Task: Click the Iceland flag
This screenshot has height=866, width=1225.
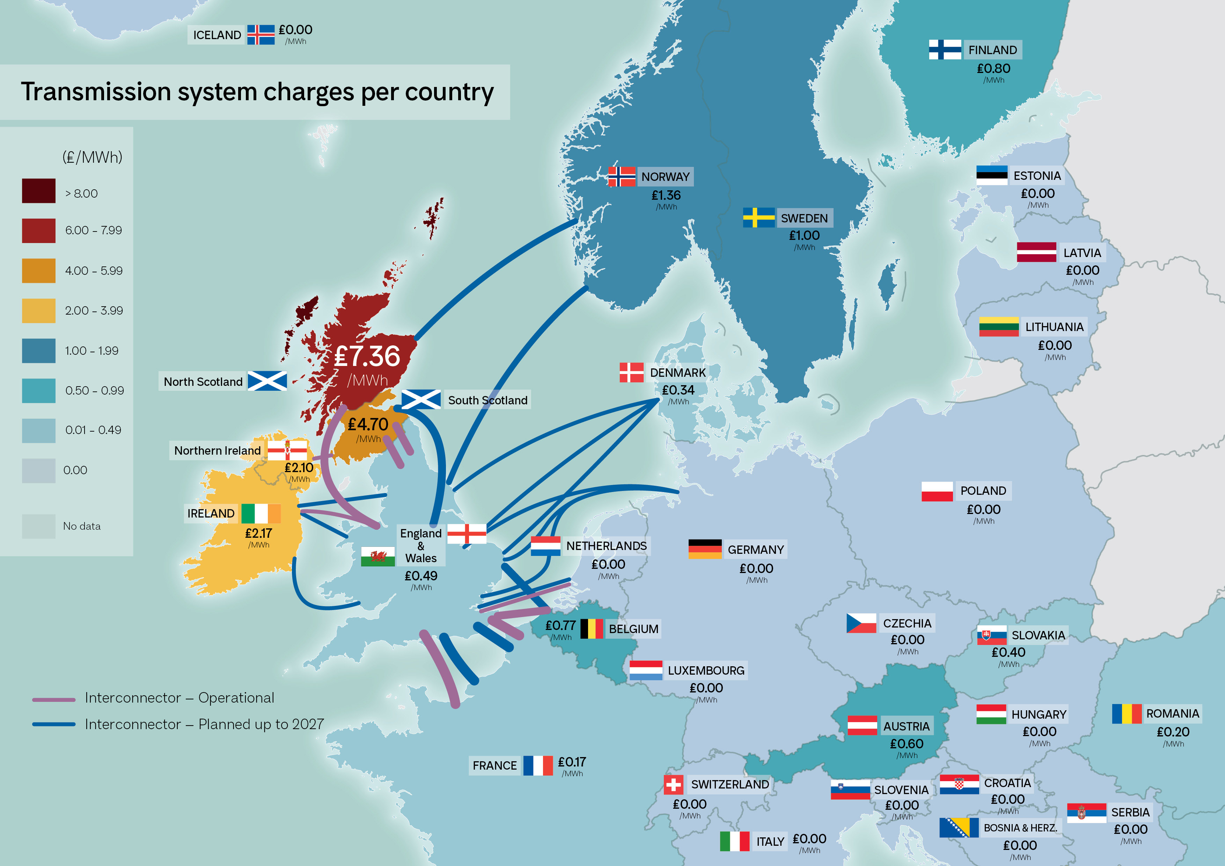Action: click(x=261, y=35)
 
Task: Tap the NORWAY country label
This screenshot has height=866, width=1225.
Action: click(x=665, y=177)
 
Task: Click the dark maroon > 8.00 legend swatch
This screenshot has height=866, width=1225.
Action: click(x=38, y=191)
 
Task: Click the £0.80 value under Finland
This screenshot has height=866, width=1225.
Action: click(x=993, y=68)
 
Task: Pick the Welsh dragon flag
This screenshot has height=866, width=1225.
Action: click(x=378, y=557)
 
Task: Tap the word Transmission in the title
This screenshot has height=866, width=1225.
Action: click(x=95, y=92)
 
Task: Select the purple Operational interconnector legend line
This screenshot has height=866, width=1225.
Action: click(x=53, y=699)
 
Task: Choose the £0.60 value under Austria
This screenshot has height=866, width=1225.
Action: click(x=907, y=743)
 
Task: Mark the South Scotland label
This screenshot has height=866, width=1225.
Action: click(x=487, y=400)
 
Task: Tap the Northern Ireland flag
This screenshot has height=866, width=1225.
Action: click(x=287, y=450)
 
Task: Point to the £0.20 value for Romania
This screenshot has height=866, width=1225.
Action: click(x=1173, y=732)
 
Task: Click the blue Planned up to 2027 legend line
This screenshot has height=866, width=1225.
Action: click(x=53, y=724)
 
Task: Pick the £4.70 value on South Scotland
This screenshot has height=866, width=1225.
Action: click(x=368, y=424)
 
